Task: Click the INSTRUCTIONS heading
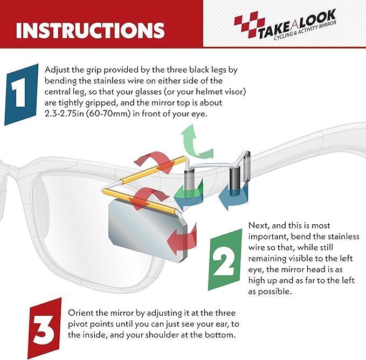90,30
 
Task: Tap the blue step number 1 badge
22,94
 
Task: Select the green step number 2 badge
225,260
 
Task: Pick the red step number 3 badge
45,329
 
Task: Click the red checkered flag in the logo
250,26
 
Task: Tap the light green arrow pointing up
196,142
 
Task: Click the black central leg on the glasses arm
234,178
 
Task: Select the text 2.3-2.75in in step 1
64,114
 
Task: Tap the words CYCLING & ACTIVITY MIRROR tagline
305,31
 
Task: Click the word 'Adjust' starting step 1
56,70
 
